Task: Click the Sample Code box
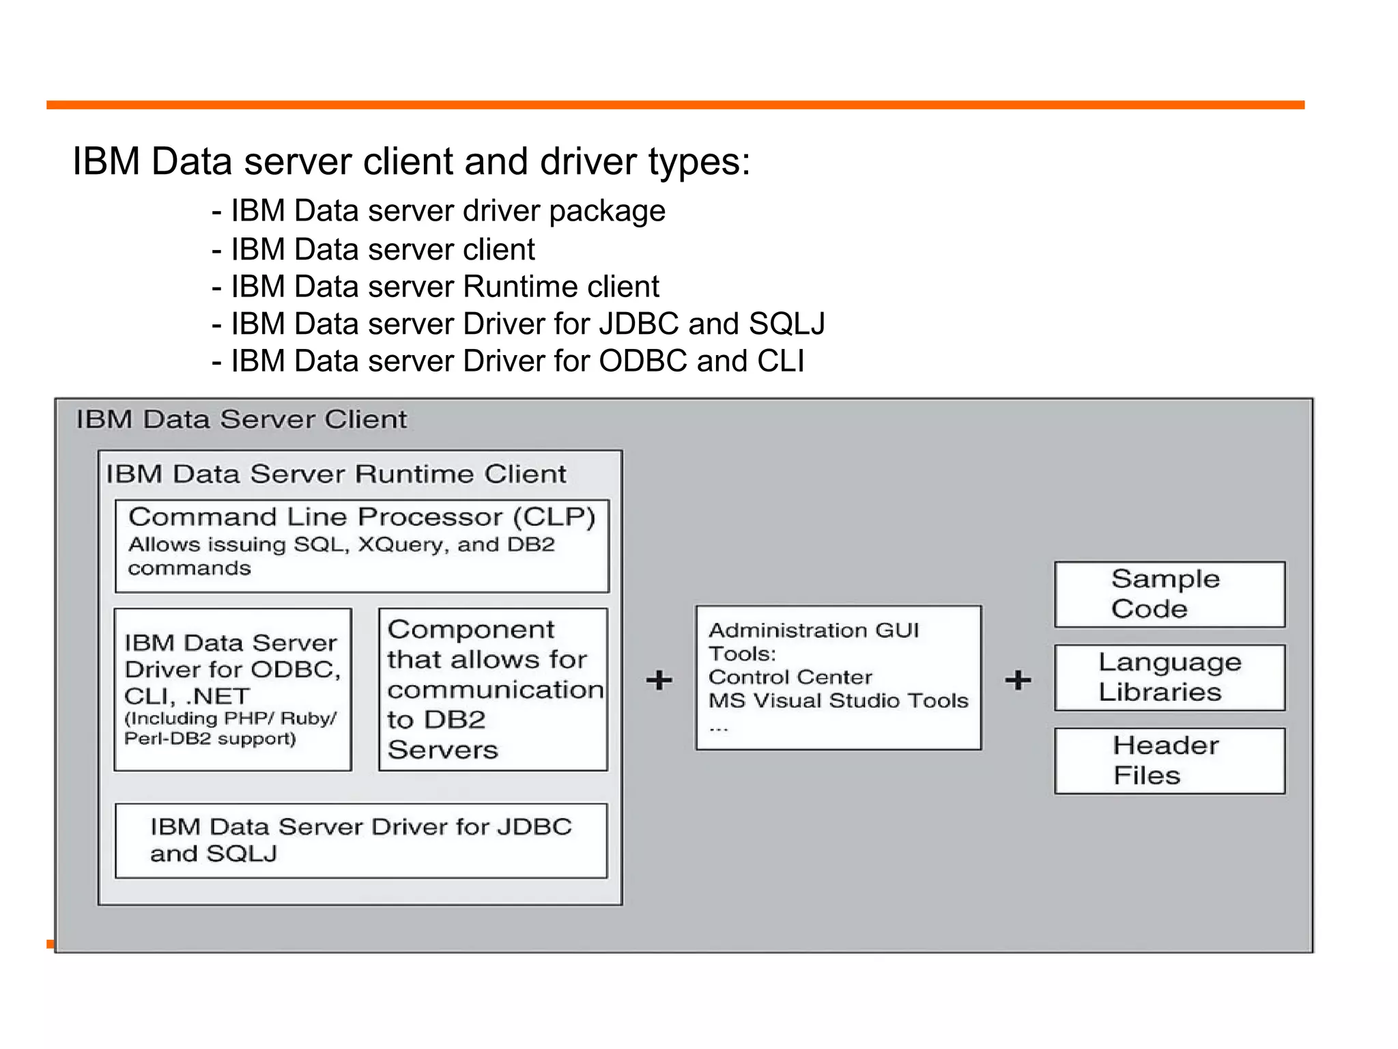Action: pos(1169,594)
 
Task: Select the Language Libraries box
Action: pos(1169,677)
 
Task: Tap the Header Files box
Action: pos(1169,760)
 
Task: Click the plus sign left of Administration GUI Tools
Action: pos(659,680)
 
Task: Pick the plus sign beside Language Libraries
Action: pos(1017,680)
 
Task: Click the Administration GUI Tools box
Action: pos(838,677)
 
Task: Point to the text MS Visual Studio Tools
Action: pos(838,701)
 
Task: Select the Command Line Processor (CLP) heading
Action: pos(362,517)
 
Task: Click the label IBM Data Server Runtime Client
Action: pos(336,474)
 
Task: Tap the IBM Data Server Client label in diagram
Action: pos(241,419)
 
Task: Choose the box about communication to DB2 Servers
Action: pos(493,689)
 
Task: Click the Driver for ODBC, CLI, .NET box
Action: pos(232,689)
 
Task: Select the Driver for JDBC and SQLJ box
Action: pos(360,840)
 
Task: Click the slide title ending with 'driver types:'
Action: pos(411,162)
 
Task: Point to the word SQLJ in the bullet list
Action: pos(786,324)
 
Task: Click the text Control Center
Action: pos(790,677)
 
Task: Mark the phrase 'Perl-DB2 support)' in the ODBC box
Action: pos(210,739)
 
